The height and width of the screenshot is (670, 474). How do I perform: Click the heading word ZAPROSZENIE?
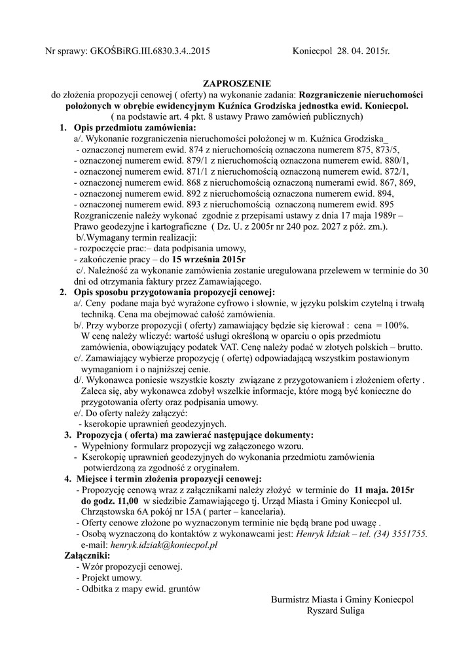[236, 84]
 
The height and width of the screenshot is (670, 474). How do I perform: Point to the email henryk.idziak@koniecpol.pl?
[164, 544]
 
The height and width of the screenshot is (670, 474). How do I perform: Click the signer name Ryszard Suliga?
[336, 610]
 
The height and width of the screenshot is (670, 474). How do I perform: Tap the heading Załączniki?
[87, 555]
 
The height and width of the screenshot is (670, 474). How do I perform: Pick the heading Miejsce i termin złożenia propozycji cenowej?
[168, 478]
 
